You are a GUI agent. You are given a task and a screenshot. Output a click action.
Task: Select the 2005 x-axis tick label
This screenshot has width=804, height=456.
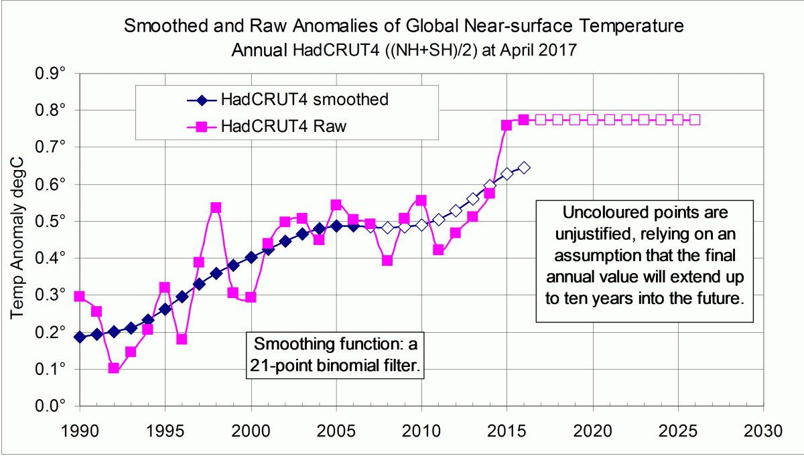click(x=336, y=429)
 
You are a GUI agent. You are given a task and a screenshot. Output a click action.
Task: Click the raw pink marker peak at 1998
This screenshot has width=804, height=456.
click(x=216, y=208)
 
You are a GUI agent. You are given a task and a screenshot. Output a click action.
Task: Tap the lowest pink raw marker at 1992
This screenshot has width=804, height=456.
click(x=114, y=368)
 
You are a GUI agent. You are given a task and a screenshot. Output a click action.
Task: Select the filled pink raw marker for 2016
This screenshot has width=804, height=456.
click(x=524, y=120)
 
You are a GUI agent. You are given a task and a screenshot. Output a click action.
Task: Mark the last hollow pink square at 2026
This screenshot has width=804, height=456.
click(x=695, y=120)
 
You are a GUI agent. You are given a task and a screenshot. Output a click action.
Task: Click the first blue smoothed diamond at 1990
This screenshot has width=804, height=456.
click(x=80, y=337)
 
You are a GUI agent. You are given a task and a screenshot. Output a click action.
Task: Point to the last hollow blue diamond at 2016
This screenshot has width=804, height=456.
click(x=524, y=167)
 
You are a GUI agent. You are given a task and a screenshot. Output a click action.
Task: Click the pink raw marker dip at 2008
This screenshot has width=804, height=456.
click(x=387, y=260)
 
